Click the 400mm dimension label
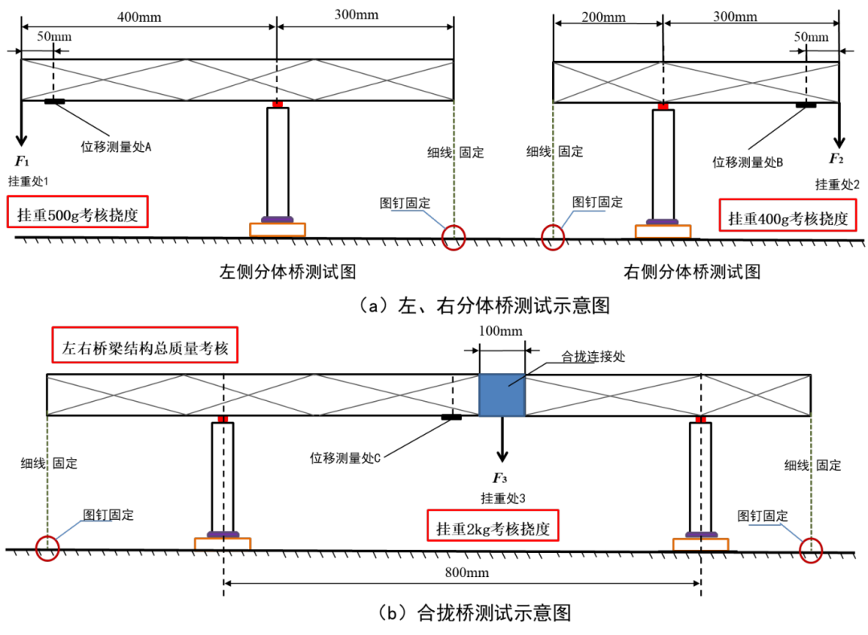tap(139, 17)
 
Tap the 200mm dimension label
tap(604, 17)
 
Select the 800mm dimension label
tap(467, 572)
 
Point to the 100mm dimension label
tap(501, 331)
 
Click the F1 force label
tap(22, 161)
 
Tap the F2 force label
tap(836, 159)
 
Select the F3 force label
tap(500, 477)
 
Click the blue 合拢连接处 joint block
tap(502, 395)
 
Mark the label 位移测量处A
tap(116, 147)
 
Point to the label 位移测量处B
tap(747, 162)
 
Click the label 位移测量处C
tap(345, 458)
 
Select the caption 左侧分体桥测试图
tap(287, 272)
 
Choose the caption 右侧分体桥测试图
tap(692, 272)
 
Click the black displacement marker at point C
tap(451, 417)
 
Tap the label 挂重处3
tap(502, 498)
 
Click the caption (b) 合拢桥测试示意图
tap(474, 612)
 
